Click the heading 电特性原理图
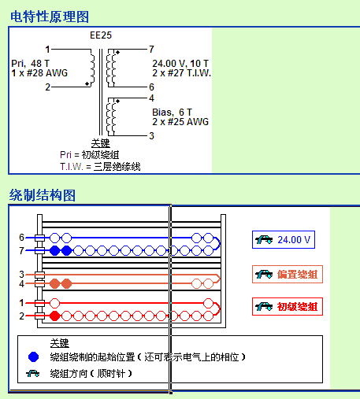click(x=50, y=17)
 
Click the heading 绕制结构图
click(x=43, y=195)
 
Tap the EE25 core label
click(x=101, y=35)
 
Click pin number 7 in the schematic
click(x=151, y=49)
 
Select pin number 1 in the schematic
click(x=47, y=49)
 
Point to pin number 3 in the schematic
click(x=151, y=136)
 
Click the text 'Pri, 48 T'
click(x=30, y=64)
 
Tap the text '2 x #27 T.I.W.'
click(x=182, y=73)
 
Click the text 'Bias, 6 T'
click(x=173, y=113)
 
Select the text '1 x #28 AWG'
click(x=39, y=73)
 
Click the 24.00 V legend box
click(x=284, y=239)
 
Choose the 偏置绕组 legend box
click(x=288, y=275)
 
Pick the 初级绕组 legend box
click(x=288, y=306)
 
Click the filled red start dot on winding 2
click(x=54, y=316)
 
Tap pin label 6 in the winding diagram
click(x=21, y=238)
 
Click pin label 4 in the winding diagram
click(x=21, y=283)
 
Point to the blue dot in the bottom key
click(x=33, y=357)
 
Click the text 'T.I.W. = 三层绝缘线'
click(x=100, y=167)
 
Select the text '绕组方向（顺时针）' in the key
click(x=91, y=373)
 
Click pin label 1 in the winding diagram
click(x=21, y=303)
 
